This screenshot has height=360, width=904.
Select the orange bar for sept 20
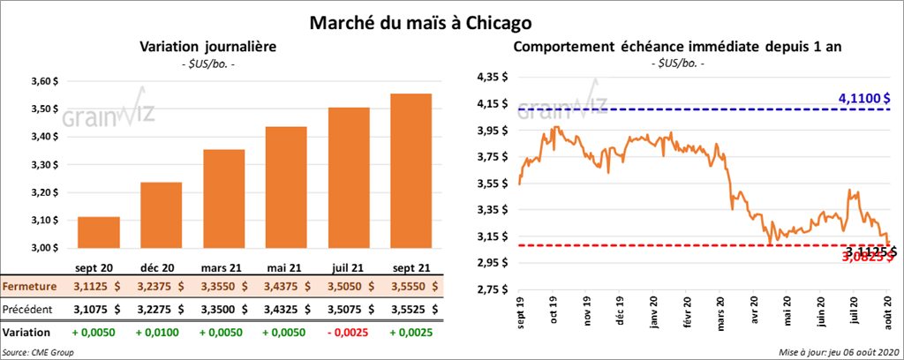tap(99, 233)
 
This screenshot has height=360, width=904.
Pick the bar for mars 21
tap(224, 199)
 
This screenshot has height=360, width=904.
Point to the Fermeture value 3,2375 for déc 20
tap(162, 287)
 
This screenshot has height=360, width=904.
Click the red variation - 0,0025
tap(350, 333)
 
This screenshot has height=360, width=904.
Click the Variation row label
tap(26, 333)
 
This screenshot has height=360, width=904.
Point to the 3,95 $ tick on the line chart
tap(491, 131)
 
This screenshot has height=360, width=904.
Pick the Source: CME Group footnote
tap(39, 352)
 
